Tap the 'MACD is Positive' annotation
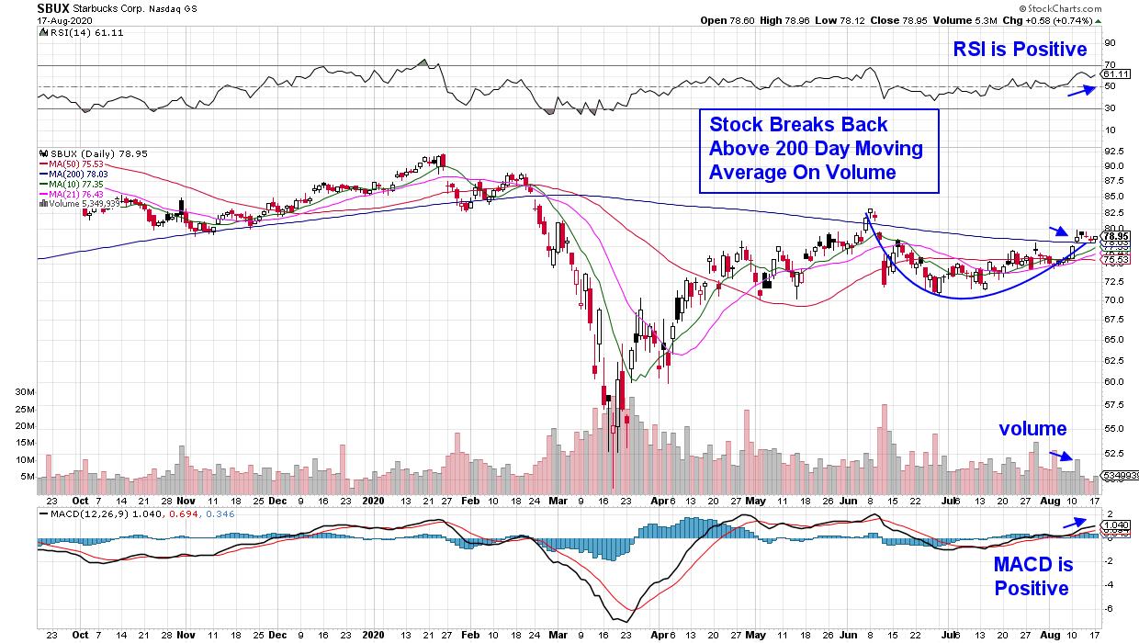[1032, 575]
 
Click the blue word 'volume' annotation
[1032, 429]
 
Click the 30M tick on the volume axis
[24, 391]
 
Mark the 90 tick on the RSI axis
[1110, 42]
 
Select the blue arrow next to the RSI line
[1082, 89]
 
